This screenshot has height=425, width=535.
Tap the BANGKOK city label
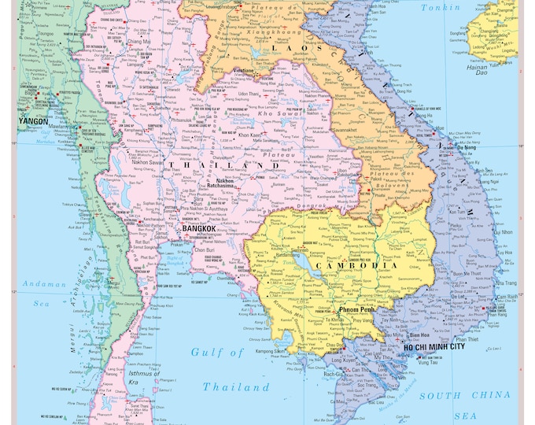[198, 228]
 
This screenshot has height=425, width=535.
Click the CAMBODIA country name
[356, 266]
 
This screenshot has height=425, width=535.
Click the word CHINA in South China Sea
[496, 397]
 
